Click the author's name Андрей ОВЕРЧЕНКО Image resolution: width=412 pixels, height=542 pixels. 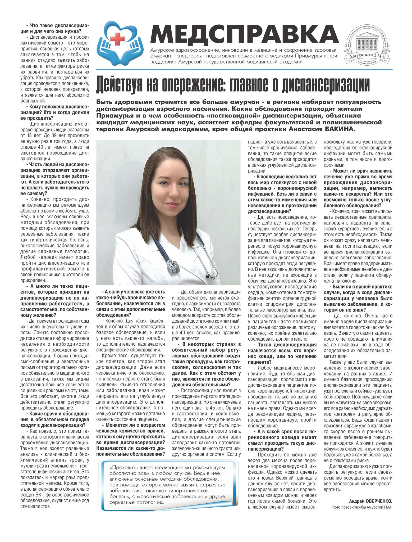click(x=370, y=501)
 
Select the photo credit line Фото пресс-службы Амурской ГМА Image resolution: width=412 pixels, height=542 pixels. click(x=361, y=507)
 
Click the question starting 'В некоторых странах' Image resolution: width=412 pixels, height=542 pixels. click(x=206, y=362)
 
